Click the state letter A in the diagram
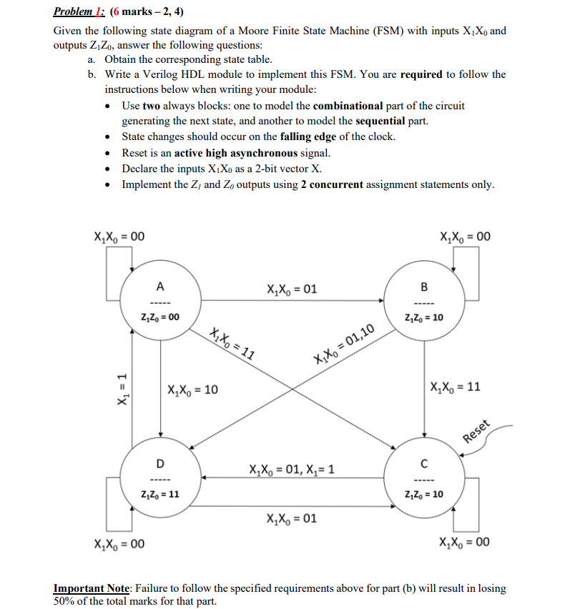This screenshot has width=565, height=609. point(160,287)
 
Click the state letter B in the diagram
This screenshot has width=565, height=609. point(425,287)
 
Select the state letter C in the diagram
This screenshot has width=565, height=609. point(425,460)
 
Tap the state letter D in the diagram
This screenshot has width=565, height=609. point(160,461)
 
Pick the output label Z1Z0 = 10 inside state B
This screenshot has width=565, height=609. point(424,317)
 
